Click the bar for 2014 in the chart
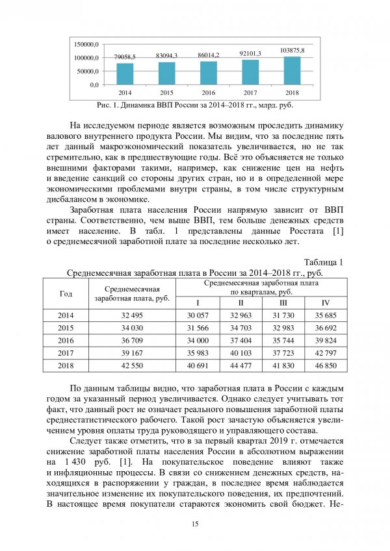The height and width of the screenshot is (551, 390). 125,73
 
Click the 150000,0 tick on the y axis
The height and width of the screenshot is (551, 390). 86,44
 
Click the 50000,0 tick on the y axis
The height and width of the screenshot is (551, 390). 88,71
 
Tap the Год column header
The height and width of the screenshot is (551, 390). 66,293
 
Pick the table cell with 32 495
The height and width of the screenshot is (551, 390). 132,315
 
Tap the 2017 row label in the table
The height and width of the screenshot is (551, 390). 66,354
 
